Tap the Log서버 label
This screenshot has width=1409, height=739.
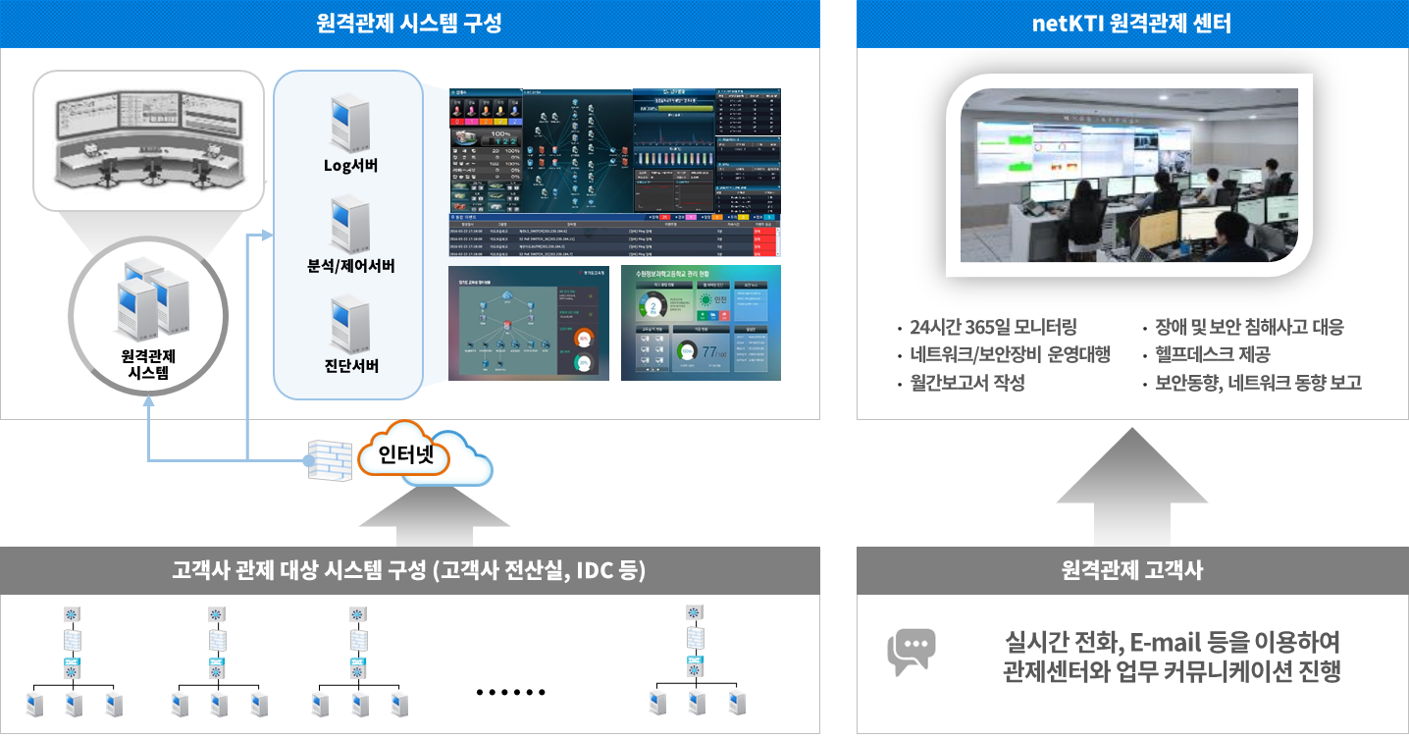click(x=350, y=165)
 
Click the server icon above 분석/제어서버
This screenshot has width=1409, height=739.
click(x=350, y=224)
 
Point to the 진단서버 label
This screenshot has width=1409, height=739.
click(x=350, y=366)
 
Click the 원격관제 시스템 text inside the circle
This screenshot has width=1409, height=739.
click(x=147, y=363)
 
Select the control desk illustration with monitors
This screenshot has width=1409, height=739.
click(x=147, y=137)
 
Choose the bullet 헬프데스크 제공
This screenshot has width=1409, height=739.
click(x=1212, y=354)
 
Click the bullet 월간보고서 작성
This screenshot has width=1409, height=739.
click(x=966, y=383)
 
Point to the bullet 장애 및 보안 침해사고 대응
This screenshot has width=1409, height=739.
click(x=1249, y=327)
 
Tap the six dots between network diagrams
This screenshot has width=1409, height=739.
click(x=509, y=692)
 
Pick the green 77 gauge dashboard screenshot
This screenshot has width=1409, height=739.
click(x=701, y=323)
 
